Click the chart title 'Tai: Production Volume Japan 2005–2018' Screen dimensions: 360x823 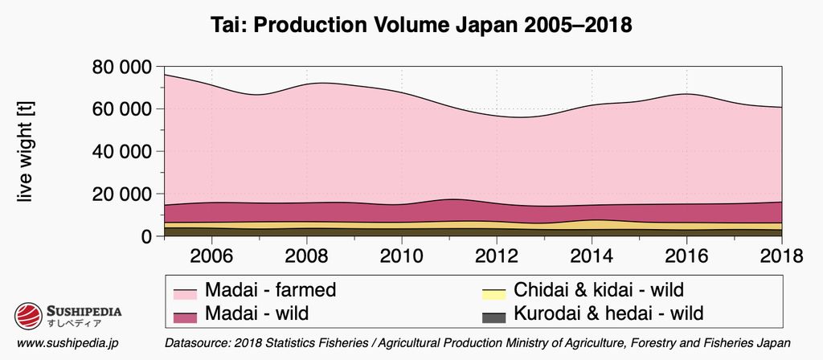click(411, 25)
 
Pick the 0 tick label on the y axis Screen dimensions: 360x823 click(146, 237)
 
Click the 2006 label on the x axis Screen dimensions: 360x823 click(211, 256)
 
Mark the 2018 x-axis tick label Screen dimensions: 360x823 click(780, 256)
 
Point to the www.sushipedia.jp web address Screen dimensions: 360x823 click(68, 343)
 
